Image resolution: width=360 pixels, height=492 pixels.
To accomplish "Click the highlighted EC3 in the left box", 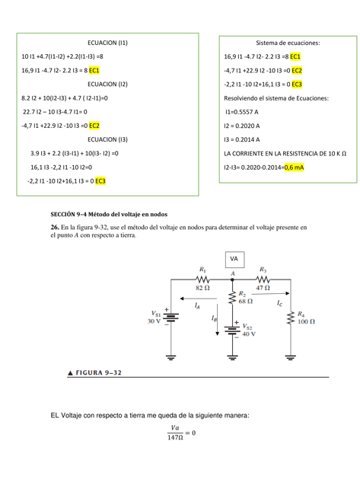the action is [x=100, y=181].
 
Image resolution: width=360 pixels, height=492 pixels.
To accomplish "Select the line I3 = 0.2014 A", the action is [x=244, y=139].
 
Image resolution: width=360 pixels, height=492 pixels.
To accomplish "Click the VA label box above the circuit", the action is [x=234, y=259].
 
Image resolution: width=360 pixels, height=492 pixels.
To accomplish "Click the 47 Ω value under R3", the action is [x=263, y=288].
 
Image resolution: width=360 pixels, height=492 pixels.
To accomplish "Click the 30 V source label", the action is [x=154, y=321].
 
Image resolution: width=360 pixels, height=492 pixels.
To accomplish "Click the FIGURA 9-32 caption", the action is [x=93, y=372].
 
